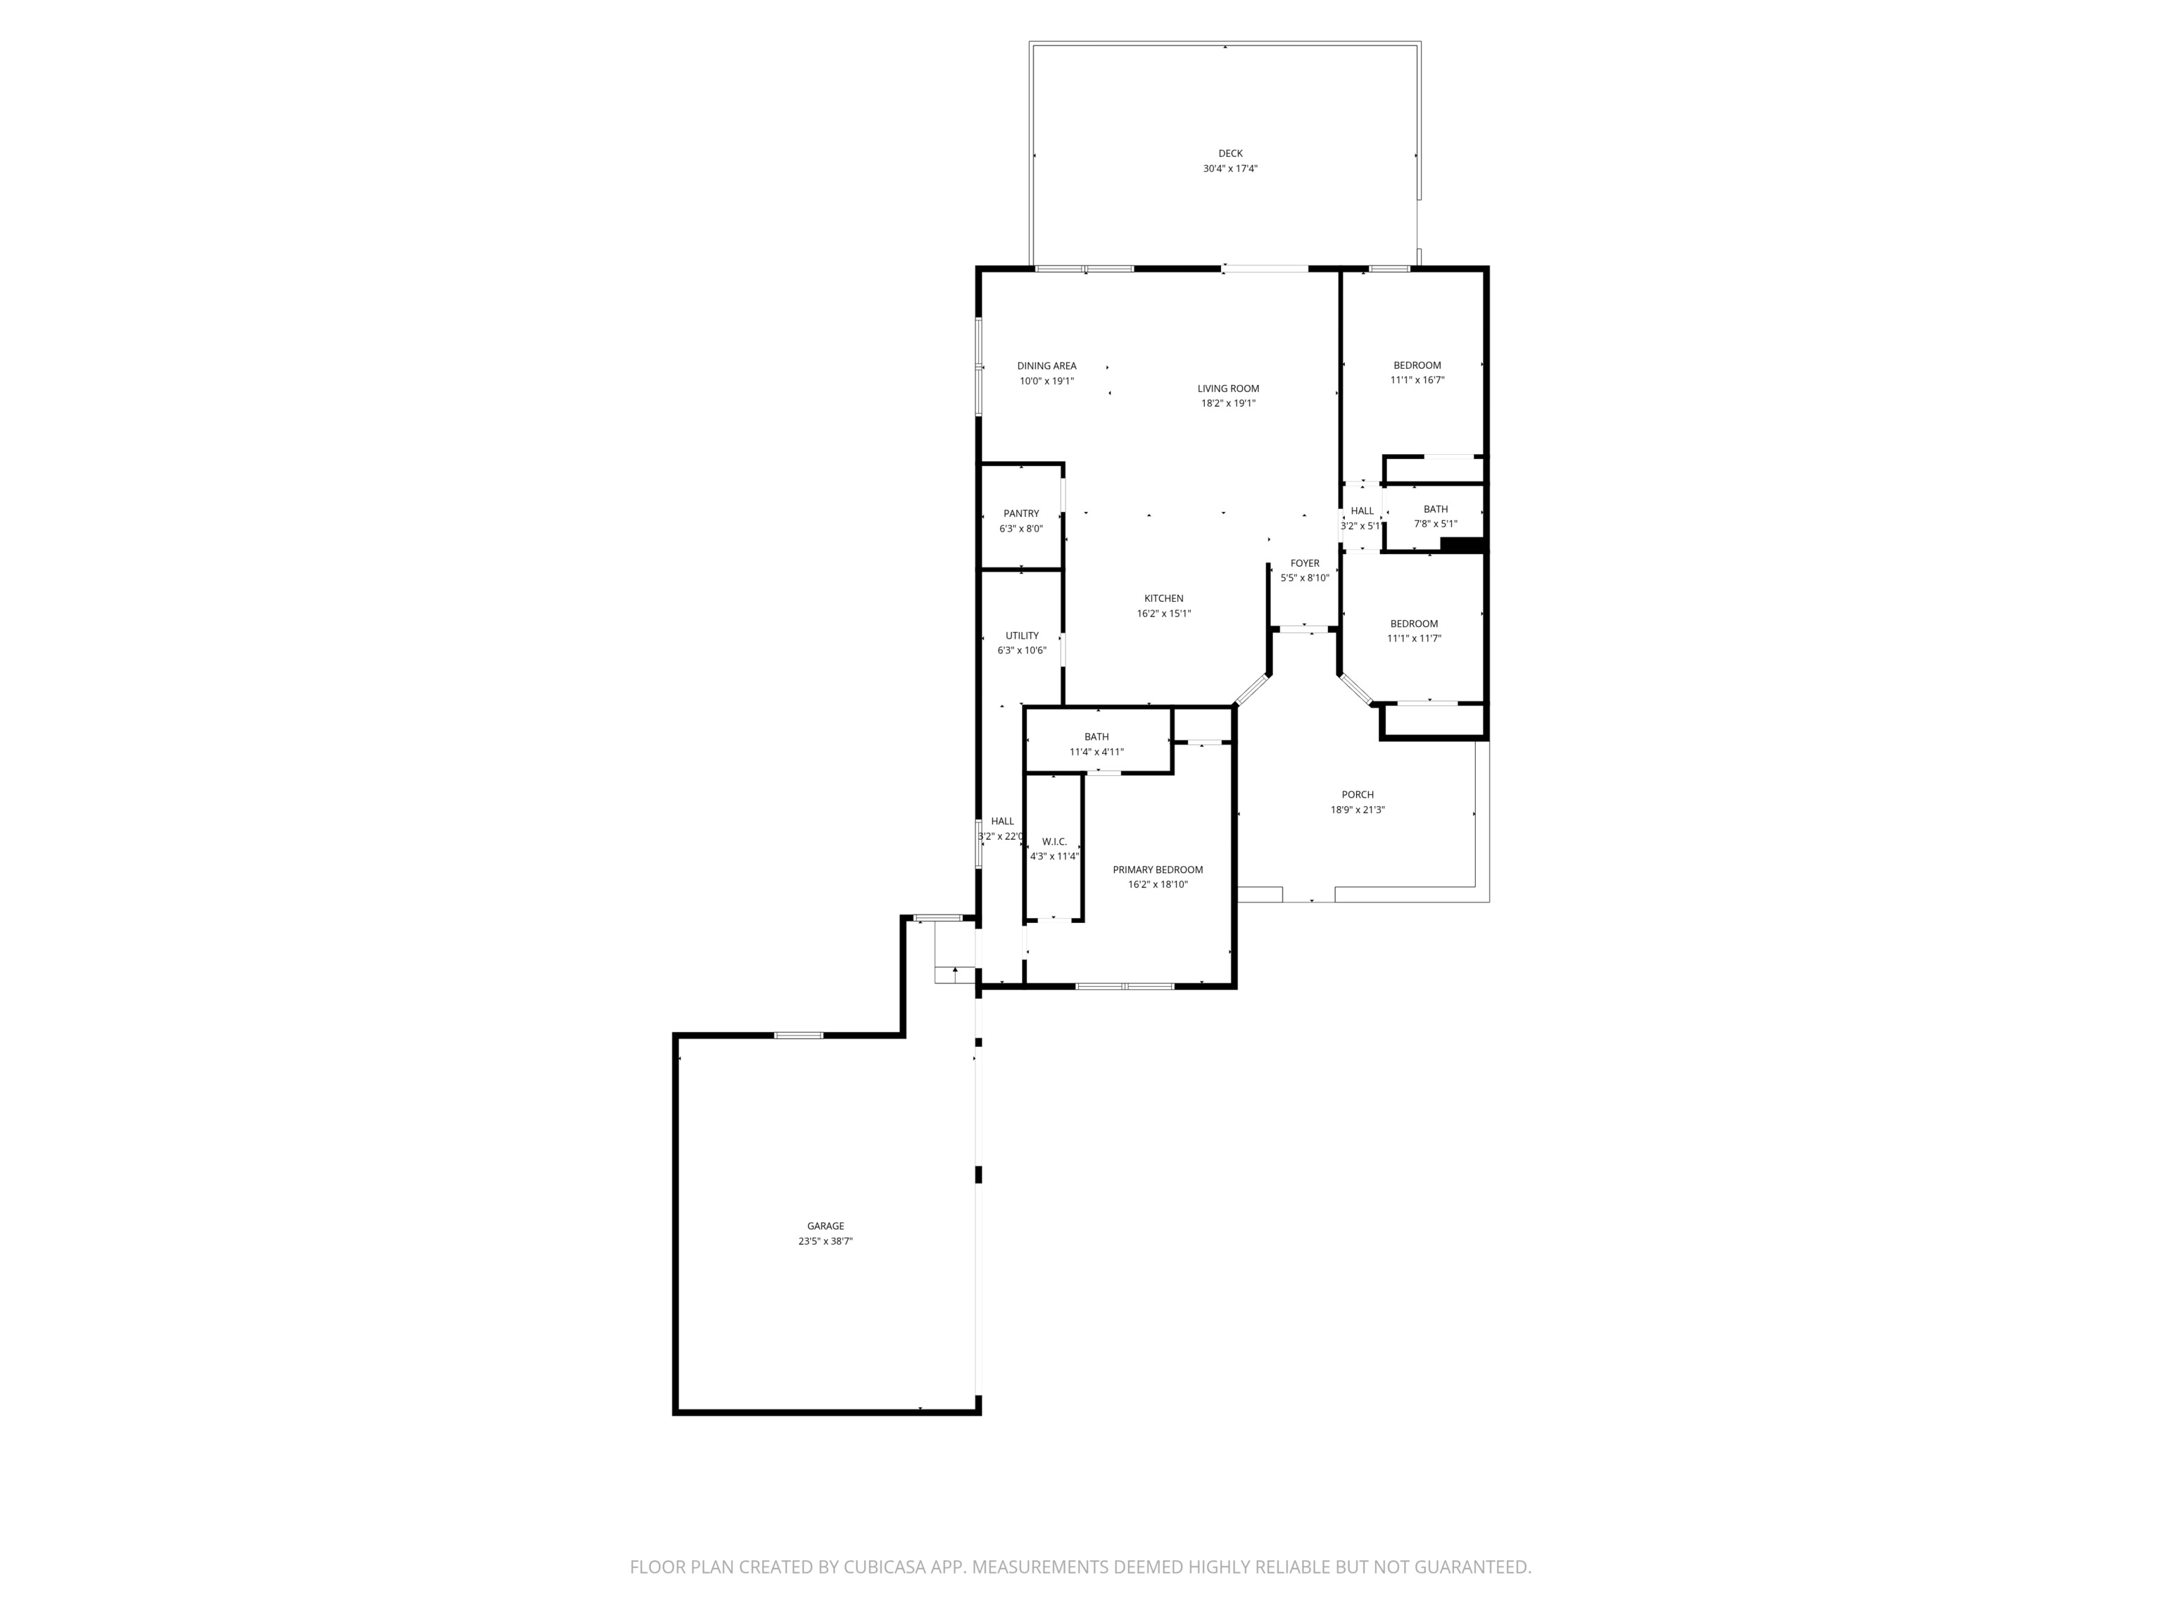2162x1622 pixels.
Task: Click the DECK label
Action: point(1229,153)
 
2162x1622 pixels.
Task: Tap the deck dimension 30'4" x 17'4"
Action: point(1229,169)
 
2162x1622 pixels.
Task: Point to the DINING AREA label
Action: point(1046,365)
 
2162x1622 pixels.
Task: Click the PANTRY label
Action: point(1020,513)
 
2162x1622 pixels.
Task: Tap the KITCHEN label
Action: point(1163,598)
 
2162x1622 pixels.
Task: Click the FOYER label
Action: point(1304,563)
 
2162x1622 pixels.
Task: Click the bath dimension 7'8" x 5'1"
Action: point(1435,524)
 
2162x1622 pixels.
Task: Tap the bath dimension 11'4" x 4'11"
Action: point(1096,752)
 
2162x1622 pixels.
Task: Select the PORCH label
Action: point(1357,795)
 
